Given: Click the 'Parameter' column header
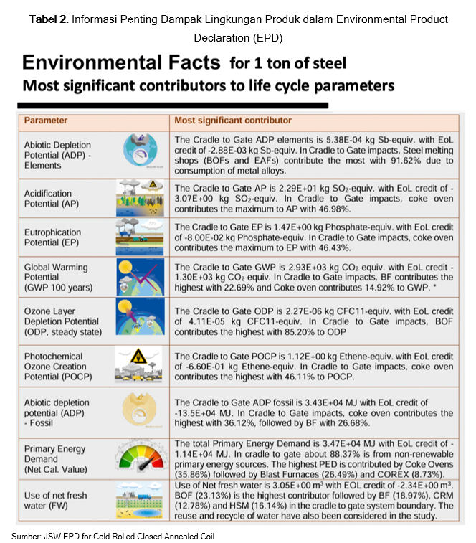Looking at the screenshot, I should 46,120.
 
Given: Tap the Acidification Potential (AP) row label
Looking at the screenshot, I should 54,199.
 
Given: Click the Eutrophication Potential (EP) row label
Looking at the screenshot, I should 57,238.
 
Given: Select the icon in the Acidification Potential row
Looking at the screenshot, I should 141,198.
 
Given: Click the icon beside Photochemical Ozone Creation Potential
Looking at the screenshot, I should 141,365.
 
